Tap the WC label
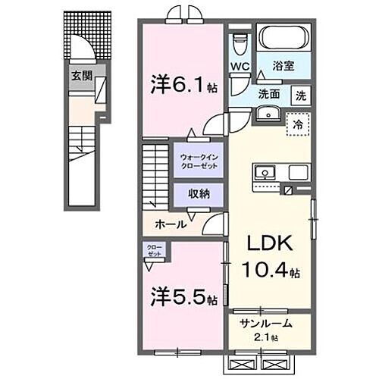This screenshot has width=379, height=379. point(240,65)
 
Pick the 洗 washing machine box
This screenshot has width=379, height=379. point(301,96)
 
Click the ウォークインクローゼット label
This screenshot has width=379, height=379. point(199,161)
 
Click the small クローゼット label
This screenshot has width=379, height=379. point(155,251)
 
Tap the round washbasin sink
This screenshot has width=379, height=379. point(268,115)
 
